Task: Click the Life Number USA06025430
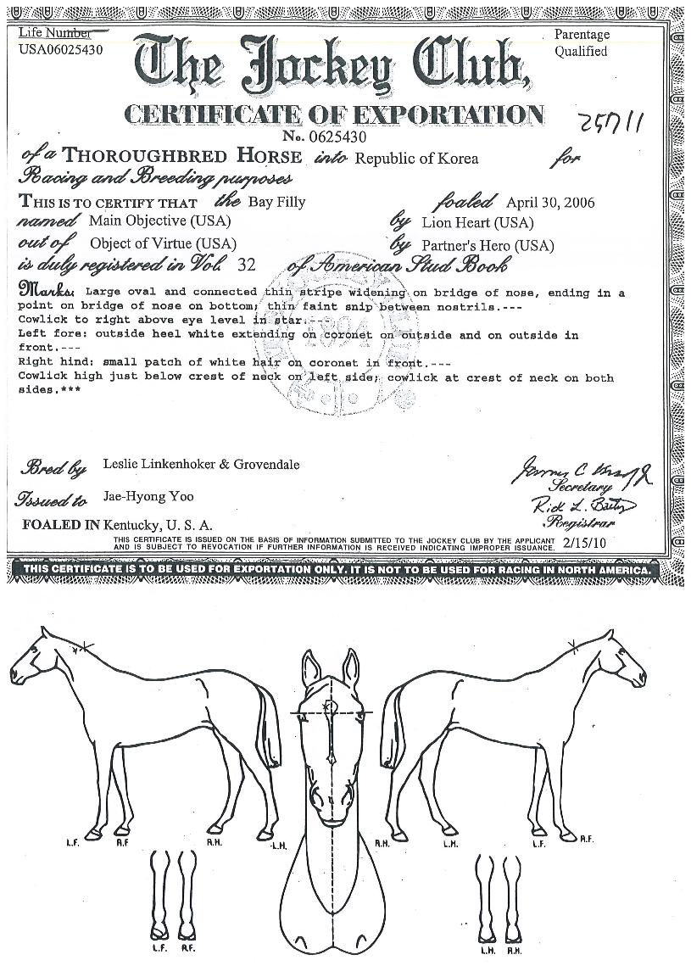click(x=60, y=49)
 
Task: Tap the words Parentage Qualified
click(x=582, y=43)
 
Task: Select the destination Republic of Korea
click(x=416, y=159)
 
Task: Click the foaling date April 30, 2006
click(x=549, y=203)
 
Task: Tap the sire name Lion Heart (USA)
click(x=477, y=223)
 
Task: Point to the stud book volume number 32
click(x=247, y=265)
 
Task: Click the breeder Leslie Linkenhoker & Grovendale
click(x=201, y=465)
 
